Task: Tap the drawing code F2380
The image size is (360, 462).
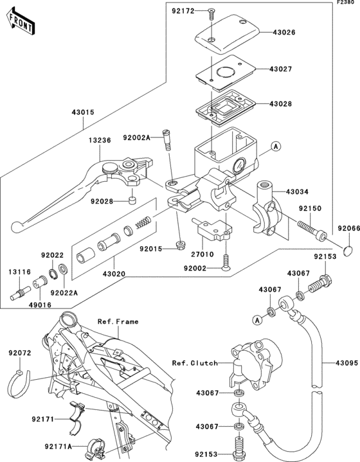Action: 345,4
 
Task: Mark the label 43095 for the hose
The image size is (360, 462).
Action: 346,362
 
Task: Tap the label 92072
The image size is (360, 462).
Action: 20,353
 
